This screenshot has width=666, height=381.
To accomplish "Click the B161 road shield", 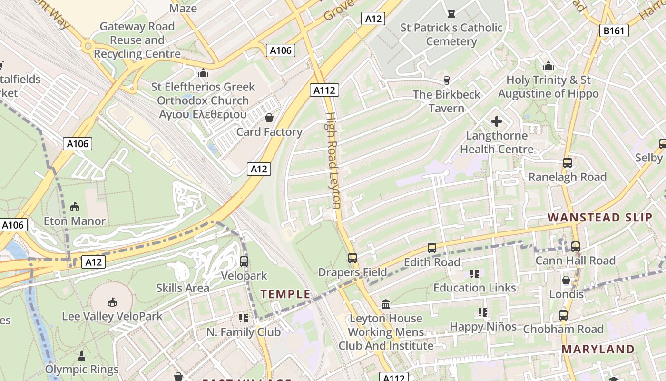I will point(614,31).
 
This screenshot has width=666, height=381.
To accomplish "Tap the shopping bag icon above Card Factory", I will point(269,117).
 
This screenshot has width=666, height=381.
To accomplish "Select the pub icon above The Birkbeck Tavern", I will point(446,80).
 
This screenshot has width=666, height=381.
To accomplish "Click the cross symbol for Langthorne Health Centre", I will point(496,121).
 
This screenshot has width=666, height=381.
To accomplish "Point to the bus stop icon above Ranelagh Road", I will point(567,162).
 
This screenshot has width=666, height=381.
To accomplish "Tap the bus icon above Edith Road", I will point(432,248).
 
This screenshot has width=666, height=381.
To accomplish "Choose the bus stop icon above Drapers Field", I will point(352,258).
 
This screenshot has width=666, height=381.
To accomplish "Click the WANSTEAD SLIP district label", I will point(599,218).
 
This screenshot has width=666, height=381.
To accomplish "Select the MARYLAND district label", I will point(598,349).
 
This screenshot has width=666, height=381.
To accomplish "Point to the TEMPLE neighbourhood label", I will point(285,294).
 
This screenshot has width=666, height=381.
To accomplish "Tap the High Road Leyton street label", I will point(333,160).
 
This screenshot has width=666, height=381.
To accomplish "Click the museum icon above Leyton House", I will point(386,304).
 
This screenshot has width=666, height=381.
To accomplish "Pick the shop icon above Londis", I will point(566,280).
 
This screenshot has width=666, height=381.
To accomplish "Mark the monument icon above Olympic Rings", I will point(82,355).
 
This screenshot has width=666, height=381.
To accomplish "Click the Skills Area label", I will point(183,288).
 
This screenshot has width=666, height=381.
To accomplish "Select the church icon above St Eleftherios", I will point(203,73).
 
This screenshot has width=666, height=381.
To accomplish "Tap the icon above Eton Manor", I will point(75,207).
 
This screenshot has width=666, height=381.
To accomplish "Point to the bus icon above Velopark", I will point(244,261).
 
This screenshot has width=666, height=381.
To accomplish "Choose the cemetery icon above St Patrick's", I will point(451,13).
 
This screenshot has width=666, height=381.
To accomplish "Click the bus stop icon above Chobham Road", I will point(563,315).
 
